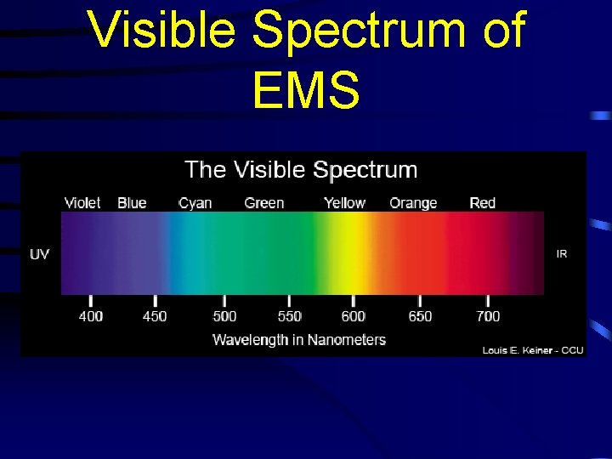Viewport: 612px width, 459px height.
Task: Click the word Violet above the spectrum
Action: (x=82, y=203)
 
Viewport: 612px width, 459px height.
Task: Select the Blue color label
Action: (x=132, y=203)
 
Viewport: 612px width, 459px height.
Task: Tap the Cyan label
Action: (x=195, y=203)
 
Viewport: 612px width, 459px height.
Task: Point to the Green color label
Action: (x=264, y=203)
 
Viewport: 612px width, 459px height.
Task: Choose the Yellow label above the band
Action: (x=344, y=203)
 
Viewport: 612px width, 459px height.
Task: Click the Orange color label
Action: (x=413, y=203)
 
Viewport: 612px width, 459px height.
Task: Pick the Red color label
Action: (x=483, y=203)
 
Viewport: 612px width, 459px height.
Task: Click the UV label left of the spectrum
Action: (x=40, y=254)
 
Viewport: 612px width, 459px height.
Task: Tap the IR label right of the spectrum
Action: (x=562, y=254)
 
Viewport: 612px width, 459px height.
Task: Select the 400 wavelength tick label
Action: (x=91, y=316)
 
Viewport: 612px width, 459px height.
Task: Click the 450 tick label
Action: (x=155, y=316)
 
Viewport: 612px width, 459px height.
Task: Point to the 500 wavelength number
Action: (x=224, y=316)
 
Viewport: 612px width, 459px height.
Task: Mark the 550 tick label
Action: (x=290, y=316)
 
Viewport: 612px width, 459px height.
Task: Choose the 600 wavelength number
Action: (x=354, y=316)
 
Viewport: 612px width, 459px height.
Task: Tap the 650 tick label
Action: (x=420, y=316)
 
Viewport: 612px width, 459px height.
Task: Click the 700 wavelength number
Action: (x=488, y=316)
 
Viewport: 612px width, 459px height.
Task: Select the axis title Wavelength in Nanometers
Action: (x=299, y=340)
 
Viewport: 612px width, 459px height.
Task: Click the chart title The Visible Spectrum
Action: (x=301, y=170)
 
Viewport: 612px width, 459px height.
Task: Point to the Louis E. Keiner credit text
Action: (x=533, y=350)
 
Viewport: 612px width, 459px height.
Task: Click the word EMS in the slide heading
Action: (x=306, y=89)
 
